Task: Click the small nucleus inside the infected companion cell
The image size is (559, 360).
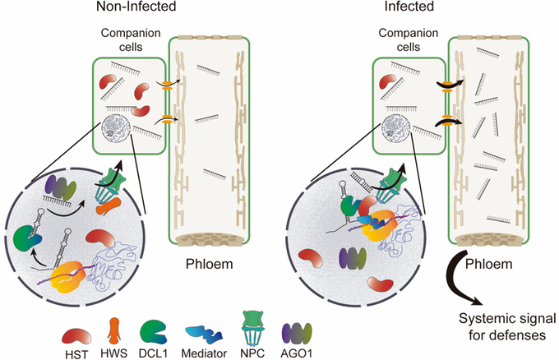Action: [x=395, y=126]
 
